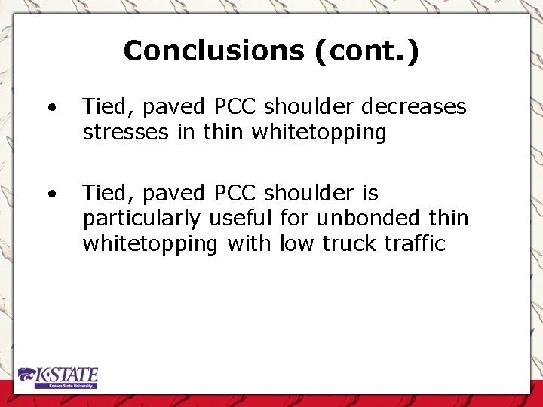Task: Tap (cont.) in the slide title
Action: coord(363,51)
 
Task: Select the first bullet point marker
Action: coord(51,107)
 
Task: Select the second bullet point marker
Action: coord(51,194)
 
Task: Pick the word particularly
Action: coord(143,219)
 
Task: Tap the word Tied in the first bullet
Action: coord(102,107)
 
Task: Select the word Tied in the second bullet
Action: coord(102,194)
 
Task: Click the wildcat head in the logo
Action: coord(28,375)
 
